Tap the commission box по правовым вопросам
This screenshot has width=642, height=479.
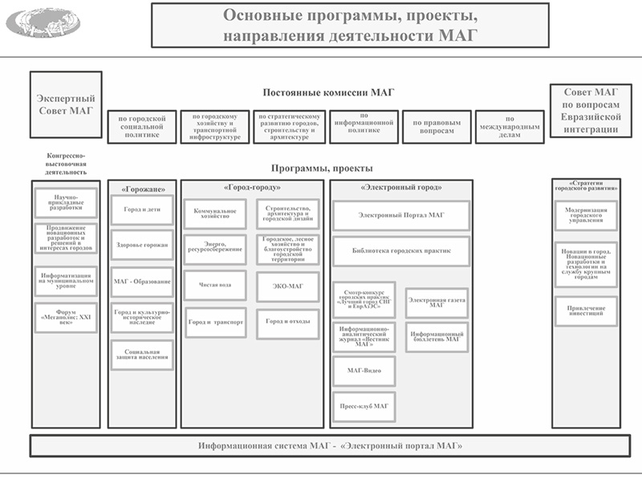click(x=437, y=127)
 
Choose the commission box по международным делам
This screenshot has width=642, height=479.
click(x=510, y=127)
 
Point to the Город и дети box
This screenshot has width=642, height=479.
click(x=141, y=209)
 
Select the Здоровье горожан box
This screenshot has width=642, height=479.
click(x=141, y=245)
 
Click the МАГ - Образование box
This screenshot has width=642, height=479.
click(x=141, y=282)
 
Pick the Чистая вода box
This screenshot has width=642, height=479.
click(x=216, y=284)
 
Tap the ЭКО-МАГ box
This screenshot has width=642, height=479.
click(x=287, y=286)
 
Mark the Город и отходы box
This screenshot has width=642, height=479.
click(x=287, y=322)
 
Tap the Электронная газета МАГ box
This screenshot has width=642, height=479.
click(x=437, y=302)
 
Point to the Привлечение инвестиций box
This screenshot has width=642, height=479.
click(x=585, y=311)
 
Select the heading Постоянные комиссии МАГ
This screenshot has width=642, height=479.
click(x=329, y=93)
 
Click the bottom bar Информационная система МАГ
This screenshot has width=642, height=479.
click(x=329, y=444)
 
